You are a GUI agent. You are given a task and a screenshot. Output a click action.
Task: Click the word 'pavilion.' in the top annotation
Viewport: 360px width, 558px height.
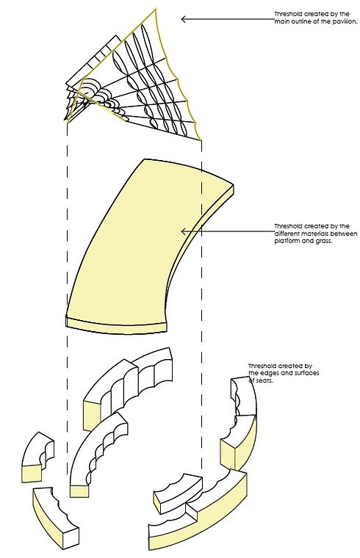point(345,21)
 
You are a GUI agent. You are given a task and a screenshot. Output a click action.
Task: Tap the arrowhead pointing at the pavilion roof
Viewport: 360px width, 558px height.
point(184,19)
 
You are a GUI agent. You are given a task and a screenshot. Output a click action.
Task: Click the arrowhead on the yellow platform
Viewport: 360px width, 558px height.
point(184,232)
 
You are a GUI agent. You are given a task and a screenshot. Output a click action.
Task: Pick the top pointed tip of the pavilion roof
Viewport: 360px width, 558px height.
point(156,9)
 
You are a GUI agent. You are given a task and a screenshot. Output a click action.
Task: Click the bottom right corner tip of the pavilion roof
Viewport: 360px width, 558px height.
point(201,140)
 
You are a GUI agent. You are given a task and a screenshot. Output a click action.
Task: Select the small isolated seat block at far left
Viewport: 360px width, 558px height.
point(37,457)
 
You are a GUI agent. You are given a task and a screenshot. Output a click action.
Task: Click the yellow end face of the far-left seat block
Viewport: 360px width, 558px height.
point(32,473)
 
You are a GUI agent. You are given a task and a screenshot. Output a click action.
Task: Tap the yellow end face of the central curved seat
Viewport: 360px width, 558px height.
point(79,491)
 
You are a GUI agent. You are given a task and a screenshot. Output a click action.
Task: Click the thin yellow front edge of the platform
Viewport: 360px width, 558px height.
point(116,327)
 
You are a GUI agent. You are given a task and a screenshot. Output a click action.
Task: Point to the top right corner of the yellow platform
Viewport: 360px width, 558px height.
point(234,185)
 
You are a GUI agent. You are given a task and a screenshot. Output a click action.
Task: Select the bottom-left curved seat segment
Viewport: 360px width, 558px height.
point(54,518)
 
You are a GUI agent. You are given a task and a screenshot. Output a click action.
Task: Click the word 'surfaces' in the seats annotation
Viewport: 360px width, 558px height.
point(306,373)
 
